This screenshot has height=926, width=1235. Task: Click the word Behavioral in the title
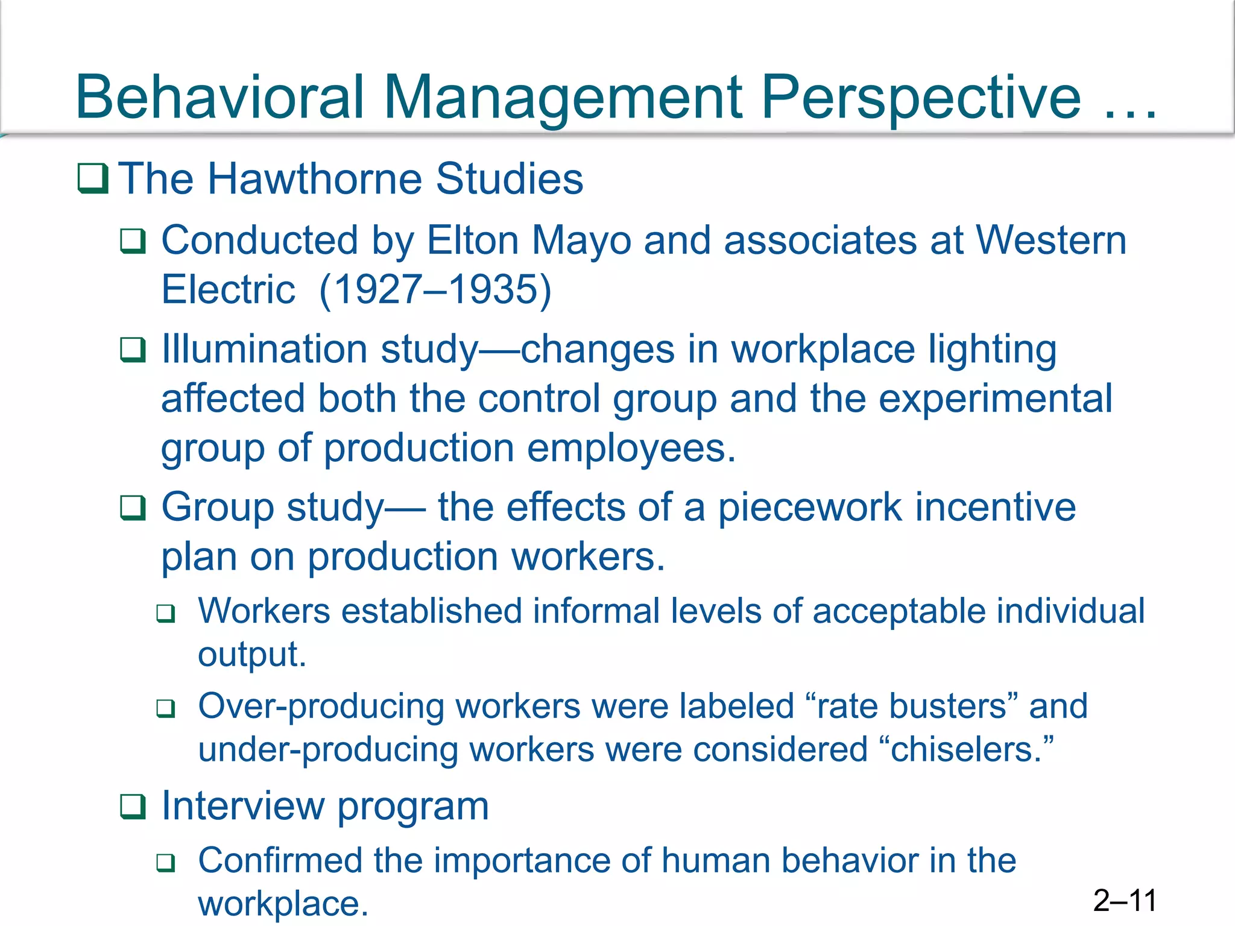220,96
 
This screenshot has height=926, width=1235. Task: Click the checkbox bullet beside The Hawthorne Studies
93,179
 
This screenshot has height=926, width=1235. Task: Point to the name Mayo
581,241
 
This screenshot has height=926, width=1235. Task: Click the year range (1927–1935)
435,289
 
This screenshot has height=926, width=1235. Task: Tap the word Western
1051,241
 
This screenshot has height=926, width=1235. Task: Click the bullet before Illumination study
133,350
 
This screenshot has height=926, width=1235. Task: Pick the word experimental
995,398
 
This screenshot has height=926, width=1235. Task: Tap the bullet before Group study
133,508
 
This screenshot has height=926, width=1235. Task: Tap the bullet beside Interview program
133,807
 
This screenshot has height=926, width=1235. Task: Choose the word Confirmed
280,860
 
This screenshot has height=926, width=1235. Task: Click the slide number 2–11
1125,901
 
